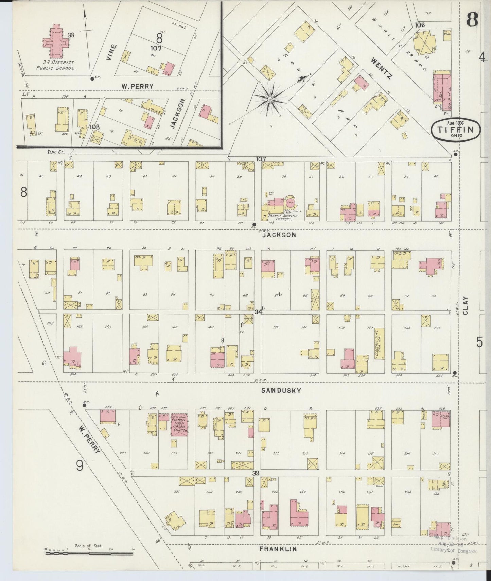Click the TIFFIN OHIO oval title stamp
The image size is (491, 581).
456,129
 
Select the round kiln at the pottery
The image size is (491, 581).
290,201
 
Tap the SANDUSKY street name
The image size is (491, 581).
281,391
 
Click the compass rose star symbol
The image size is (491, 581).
270,99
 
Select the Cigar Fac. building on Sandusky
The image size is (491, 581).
441,419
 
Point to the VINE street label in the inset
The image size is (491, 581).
111,52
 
